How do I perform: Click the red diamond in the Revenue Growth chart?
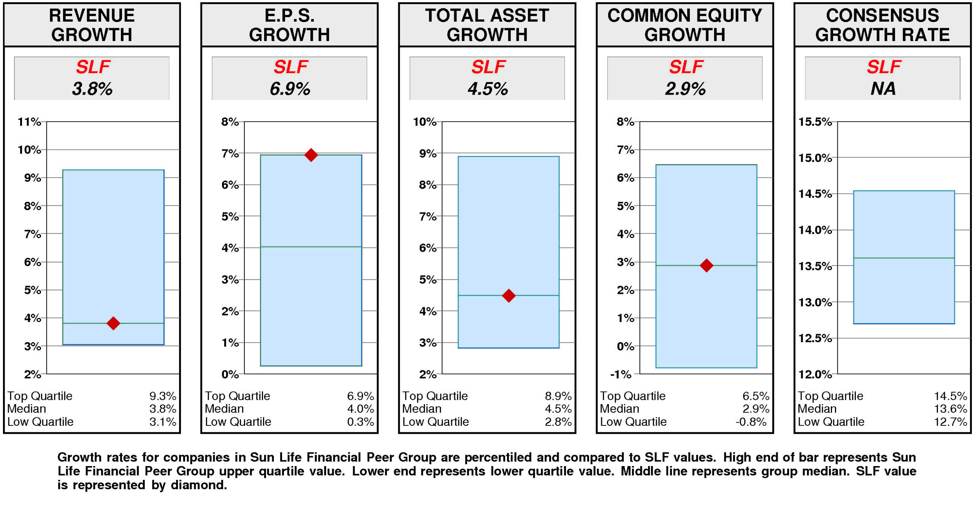pos(113,323)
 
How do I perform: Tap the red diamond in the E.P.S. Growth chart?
pos(311,155)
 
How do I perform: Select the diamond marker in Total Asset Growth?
pos(509,295)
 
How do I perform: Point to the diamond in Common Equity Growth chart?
pos(706,265)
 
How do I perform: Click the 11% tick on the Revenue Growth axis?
pos(29,122)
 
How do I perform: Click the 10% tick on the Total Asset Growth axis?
pos(425,122)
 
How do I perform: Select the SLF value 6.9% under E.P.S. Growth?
pos(290,89)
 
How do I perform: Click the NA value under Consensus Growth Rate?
pos(883,89)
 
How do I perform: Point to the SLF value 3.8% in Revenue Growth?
pos(92,89)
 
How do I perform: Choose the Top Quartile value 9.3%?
pos(162,396)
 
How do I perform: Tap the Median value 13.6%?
pos(950,409)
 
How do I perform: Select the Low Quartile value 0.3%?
pos(360,422)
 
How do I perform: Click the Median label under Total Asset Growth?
pos(422,409)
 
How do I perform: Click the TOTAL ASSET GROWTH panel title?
pos(487,25)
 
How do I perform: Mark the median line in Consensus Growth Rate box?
pos(904,258)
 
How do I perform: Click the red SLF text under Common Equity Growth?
pos(686,67)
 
